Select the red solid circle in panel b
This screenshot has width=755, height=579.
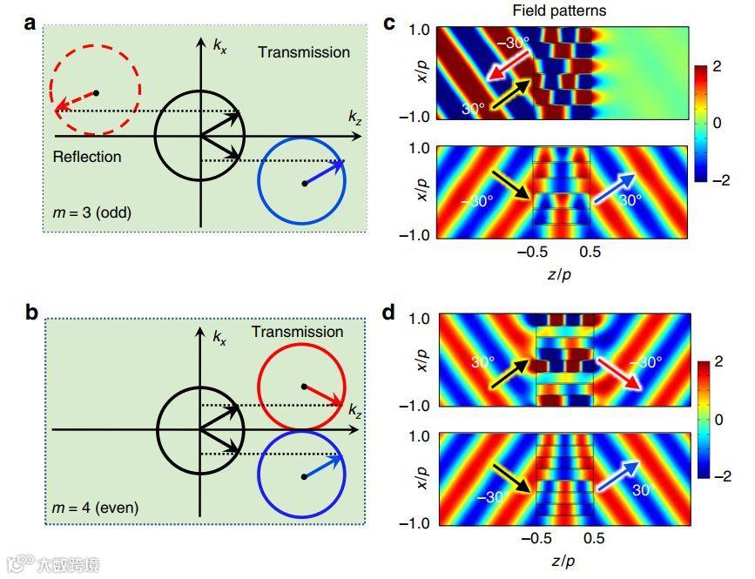(x=302, y=386)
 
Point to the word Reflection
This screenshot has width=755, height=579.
(x=87, y=158)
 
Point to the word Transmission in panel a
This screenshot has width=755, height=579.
(x=303, y=52)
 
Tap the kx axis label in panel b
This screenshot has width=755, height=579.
(x=220, y=337)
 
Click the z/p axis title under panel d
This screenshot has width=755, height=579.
(x=562, y=557)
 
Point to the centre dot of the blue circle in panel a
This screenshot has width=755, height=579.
(x=304, y=184)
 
